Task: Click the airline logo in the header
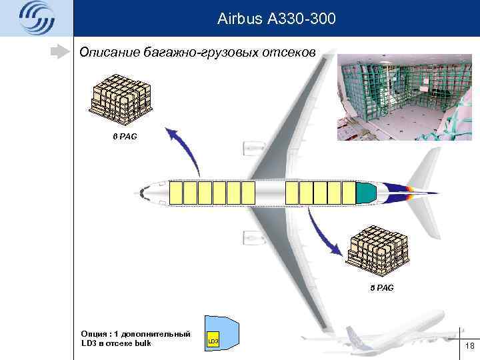36,17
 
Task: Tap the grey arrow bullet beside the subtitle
62,51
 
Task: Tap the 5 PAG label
381,288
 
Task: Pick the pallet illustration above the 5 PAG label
379,254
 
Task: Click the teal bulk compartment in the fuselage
365,193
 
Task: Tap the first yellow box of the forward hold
176,193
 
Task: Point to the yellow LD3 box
213,341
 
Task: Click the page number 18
469,345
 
